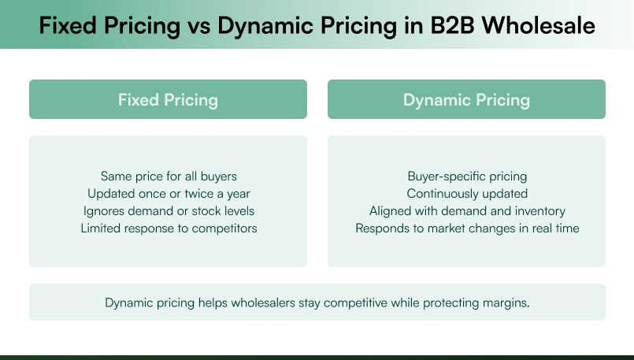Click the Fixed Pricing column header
click(168, 100)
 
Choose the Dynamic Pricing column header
click(466, 100)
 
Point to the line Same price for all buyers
click(169, 176)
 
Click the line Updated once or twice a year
click(169, 194)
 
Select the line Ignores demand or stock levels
click(169, 211)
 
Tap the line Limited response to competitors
click(169, 228)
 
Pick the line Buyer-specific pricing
click(466, 176)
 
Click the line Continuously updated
click(466, 194)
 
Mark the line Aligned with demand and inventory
click(466, 211)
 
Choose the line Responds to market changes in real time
click(466, 228)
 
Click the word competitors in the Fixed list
click(223, 228)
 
